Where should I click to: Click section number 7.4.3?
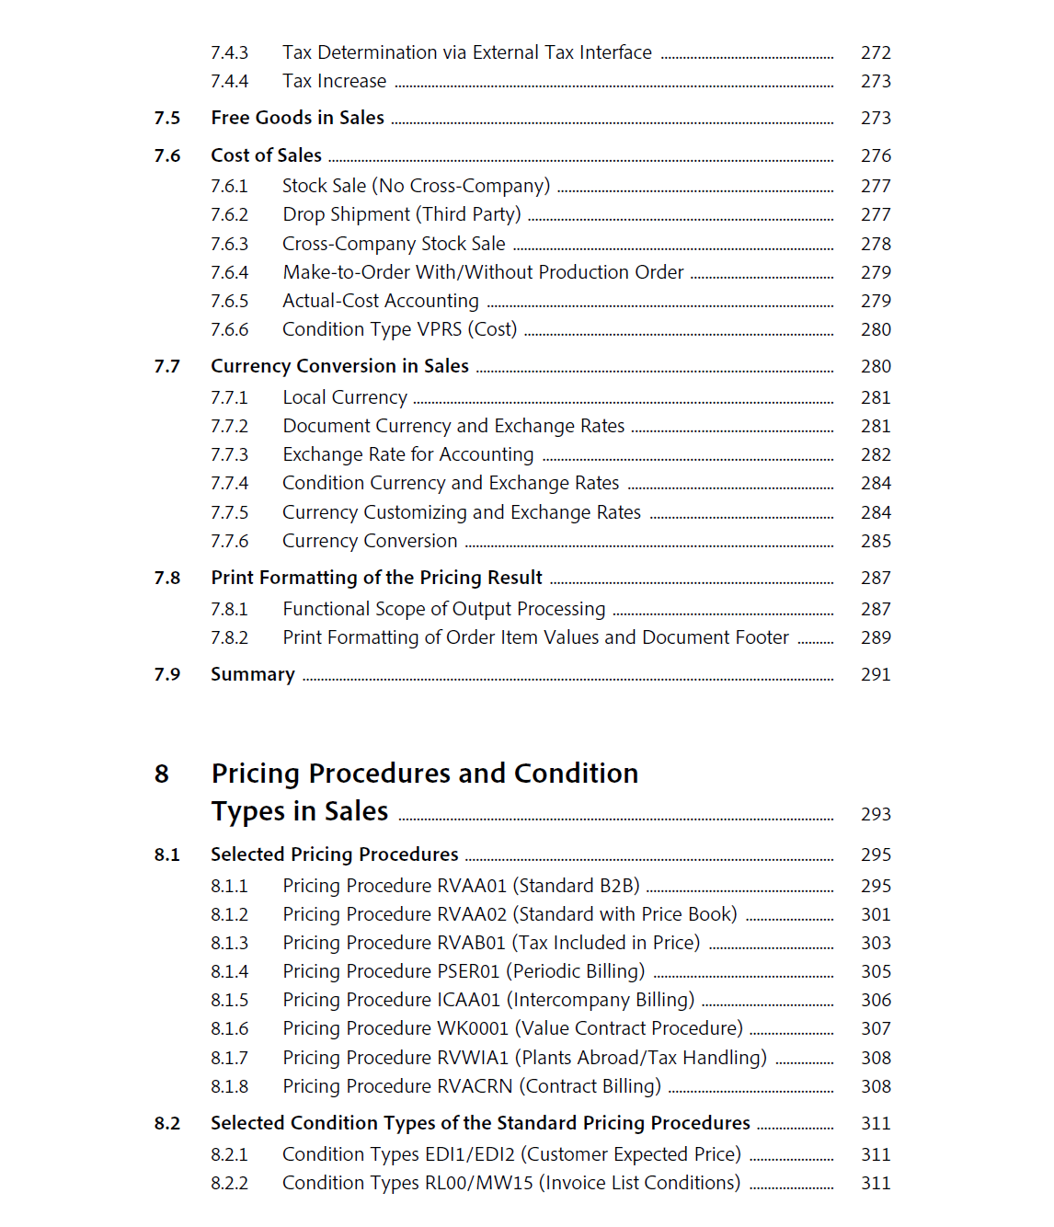point(229,53)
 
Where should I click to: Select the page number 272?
point(876,53)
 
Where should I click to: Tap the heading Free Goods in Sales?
point(297,118)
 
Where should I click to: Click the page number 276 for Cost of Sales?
point(876,156)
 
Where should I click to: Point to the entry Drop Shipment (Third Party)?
point(401,214)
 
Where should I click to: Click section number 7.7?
point(167,367)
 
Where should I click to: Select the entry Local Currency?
point(344,397)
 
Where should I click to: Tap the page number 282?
point(876,455)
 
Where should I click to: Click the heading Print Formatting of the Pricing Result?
point(376,578)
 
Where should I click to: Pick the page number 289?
point(876,638)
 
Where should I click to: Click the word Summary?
point(253,674)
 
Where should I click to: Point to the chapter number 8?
point(162,774)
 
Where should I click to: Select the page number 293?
point(876,815)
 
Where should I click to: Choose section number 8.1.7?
point(229,1059)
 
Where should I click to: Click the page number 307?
point(876,1029)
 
